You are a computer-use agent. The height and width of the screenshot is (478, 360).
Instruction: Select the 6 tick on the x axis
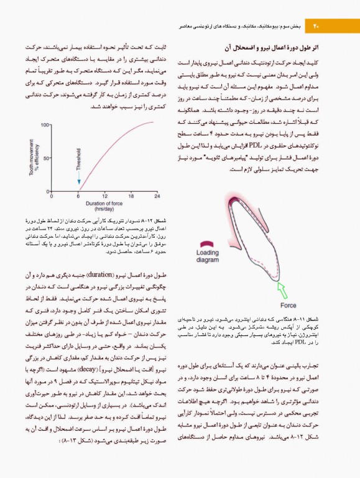pos(78,197)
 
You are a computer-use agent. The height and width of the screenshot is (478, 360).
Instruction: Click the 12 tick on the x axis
pos(104,197)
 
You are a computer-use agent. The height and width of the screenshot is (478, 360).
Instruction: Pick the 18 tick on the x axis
pos(131,197)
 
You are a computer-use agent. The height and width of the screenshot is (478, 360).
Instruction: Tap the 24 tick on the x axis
pos(157,197)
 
